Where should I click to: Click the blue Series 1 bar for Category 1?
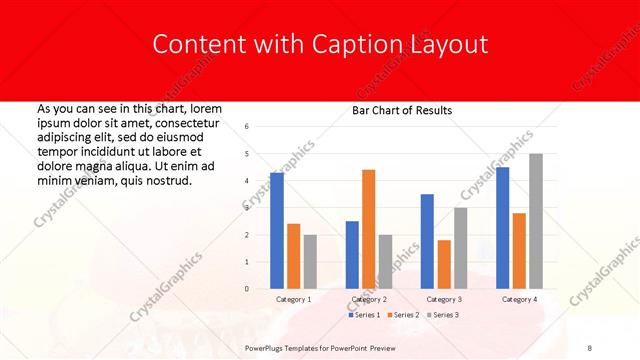pos(277,231)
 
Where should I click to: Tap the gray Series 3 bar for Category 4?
pos(536,221)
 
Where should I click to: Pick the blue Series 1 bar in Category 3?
pos(427,241)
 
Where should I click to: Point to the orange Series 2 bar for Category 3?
pos(444,264)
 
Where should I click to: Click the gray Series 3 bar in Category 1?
pos(310,262)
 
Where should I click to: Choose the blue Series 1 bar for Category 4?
pos(502,228)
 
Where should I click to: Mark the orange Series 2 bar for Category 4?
pos(519,251)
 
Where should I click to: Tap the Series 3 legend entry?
pos(443,315)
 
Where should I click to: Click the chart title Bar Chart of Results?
pos(402,110)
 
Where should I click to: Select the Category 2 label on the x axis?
pos(369,299)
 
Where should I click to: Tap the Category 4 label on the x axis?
pos(519,299)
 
